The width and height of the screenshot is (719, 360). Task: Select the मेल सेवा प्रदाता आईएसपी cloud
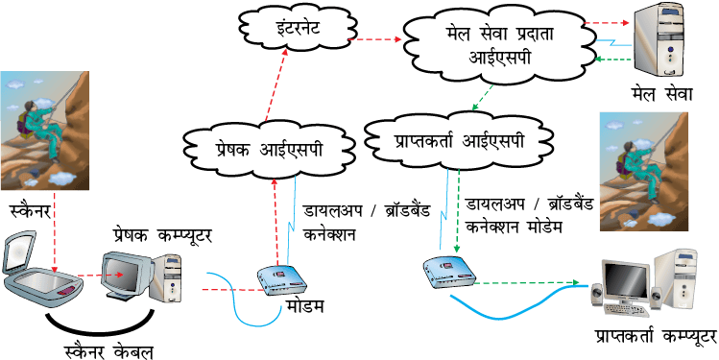point(495,47)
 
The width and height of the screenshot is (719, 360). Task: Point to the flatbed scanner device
point(41,266)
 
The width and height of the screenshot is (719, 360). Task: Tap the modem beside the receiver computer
point(449,272)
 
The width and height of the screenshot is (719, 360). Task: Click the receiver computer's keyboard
point(626,310)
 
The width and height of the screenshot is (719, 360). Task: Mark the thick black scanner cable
point(100,325)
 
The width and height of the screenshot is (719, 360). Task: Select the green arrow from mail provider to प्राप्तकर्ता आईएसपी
point(483,98)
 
